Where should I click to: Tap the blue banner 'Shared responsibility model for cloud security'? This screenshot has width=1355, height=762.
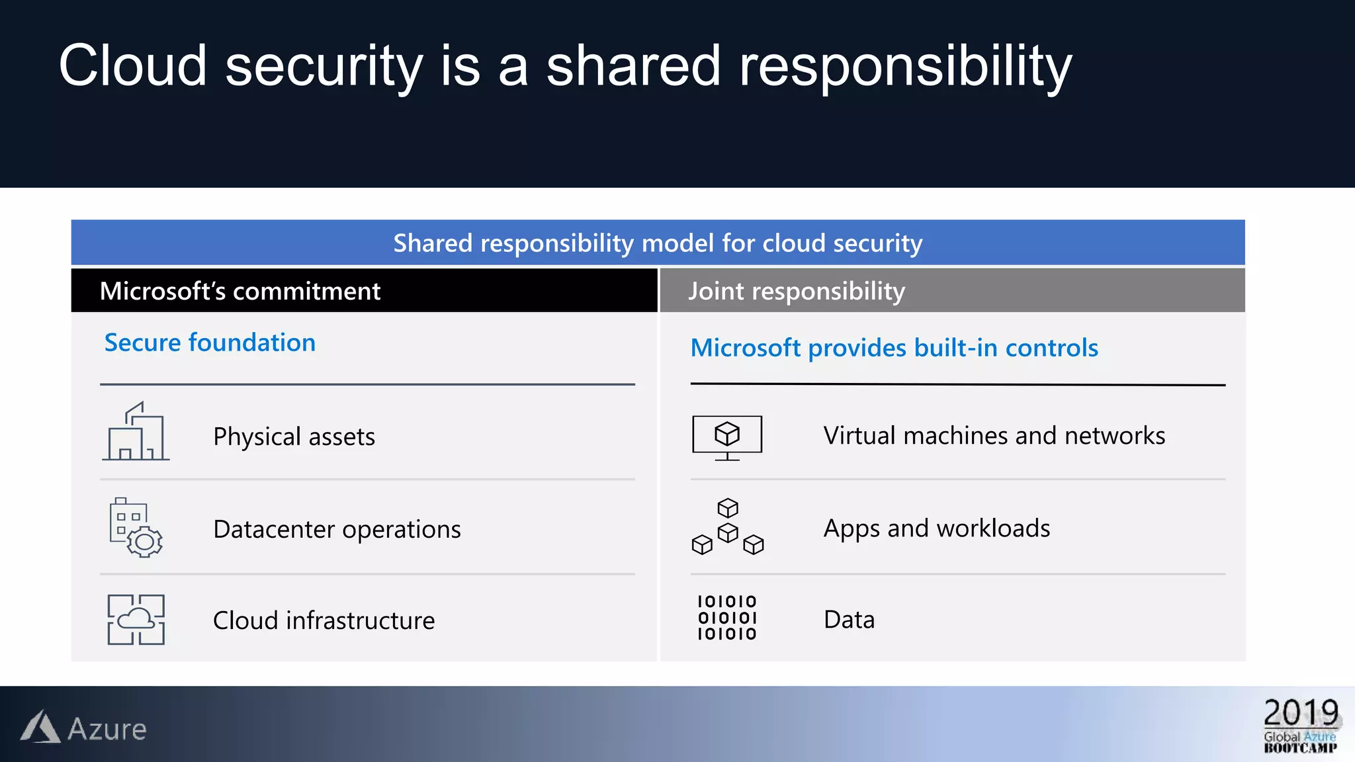click(x=658, y=243)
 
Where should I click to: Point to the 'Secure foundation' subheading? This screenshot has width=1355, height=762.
click(x=210, y=343)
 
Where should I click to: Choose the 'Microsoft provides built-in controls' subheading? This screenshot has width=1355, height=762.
click(x=894, y=348)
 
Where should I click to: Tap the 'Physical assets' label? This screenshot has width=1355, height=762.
click(x=294, y=437)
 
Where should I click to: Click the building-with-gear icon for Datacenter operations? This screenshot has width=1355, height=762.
click(x=136, y=527)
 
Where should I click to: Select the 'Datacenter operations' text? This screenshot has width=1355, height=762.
click(x=337, y=529)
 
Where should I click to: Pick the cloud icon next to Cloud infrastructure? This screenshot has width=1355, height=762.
click(x=136, y=619)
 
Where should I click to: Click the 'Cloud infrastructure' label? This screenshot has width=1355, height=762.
click(x=324, y=620)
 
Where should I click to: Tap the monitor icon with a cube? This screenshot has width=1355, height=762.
click(x=727, y=437)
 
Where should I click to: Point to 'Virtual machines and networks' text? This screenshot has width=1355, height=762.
click(x=994, y=436)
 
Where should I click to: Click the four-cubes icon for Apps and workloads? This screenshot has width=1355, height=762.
click(x=727, y=527)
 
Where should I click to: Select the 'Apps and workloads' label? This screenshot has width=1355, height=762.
click(x=936, y=529)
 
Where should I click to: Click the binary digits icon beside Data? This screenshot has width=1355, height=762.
click(x=727, y=618)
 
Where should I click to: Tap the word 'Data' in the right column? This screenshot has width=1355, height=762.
click(x=849, y=620)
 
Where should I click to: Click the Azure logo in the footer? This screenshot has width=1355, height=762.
click(x=83, y=728)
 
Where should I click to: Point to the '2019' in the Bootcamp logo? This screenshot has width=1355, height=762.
click(x=1301, y=713)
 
